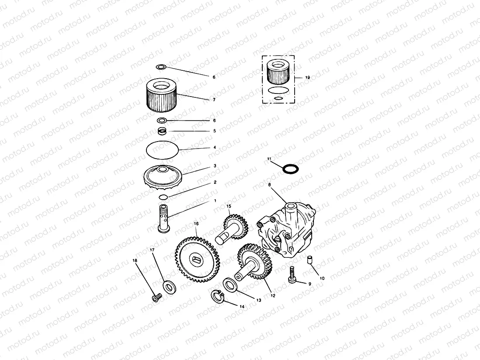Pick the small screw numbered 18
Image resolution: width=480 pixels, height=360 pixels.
click(x=157, y=298)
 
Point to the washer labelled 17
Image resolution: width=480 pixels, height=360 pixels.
click(x=169, y=287)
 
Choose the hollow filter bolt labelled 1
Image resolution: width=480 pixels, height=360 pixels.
click(x=164, y=218)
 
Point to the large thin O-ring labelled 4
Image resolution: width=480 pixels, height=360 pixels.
click(x=163, y=151)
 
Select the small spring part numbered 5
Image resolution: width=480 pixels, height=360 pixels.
click(x=163, y=131)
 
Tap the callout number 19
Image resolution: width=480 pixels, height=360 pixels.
click(x=307, y=77)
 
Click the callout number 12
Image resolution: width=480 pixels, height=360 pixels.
click(x=273, y=295)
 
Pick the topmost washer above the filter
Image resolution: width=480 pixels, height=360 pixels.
click(x=161, y=67)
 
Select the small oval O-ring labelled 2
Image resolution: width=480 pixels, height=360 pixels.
click(x=163, y=197)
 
